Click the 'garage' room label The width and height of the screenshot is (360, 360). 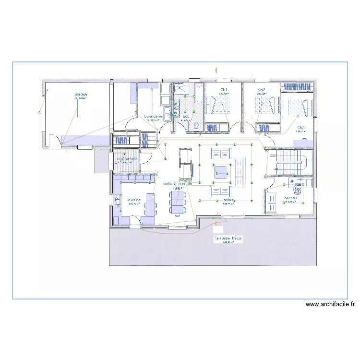tap(80, 94)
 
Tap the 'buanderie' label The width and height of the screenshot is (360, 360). tap(154, 116)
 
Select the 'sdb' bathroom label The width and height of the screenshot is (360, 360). tap(186, 116)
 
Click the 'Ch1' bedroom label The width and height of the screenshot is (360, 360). tap(224, 90)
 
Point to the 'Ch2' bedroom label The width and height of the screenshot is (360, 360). tap(262, 90)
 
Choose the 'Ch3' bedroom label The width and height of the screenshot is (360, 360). tap(301, 128)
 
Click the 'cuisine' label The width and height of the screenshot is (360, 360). tap(134, 200)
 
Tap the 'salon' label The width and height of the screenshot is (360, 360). tap(228, 200)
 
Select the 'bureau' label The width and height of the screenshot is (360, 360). tap(289, 198)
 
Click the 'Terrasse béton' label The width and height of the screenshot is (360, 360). tap(228, 238)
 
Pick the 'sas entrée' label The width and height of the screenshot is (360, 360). tap(127, 159)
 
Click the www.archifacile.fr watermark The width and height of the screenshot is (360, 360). tap(330, 304)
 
